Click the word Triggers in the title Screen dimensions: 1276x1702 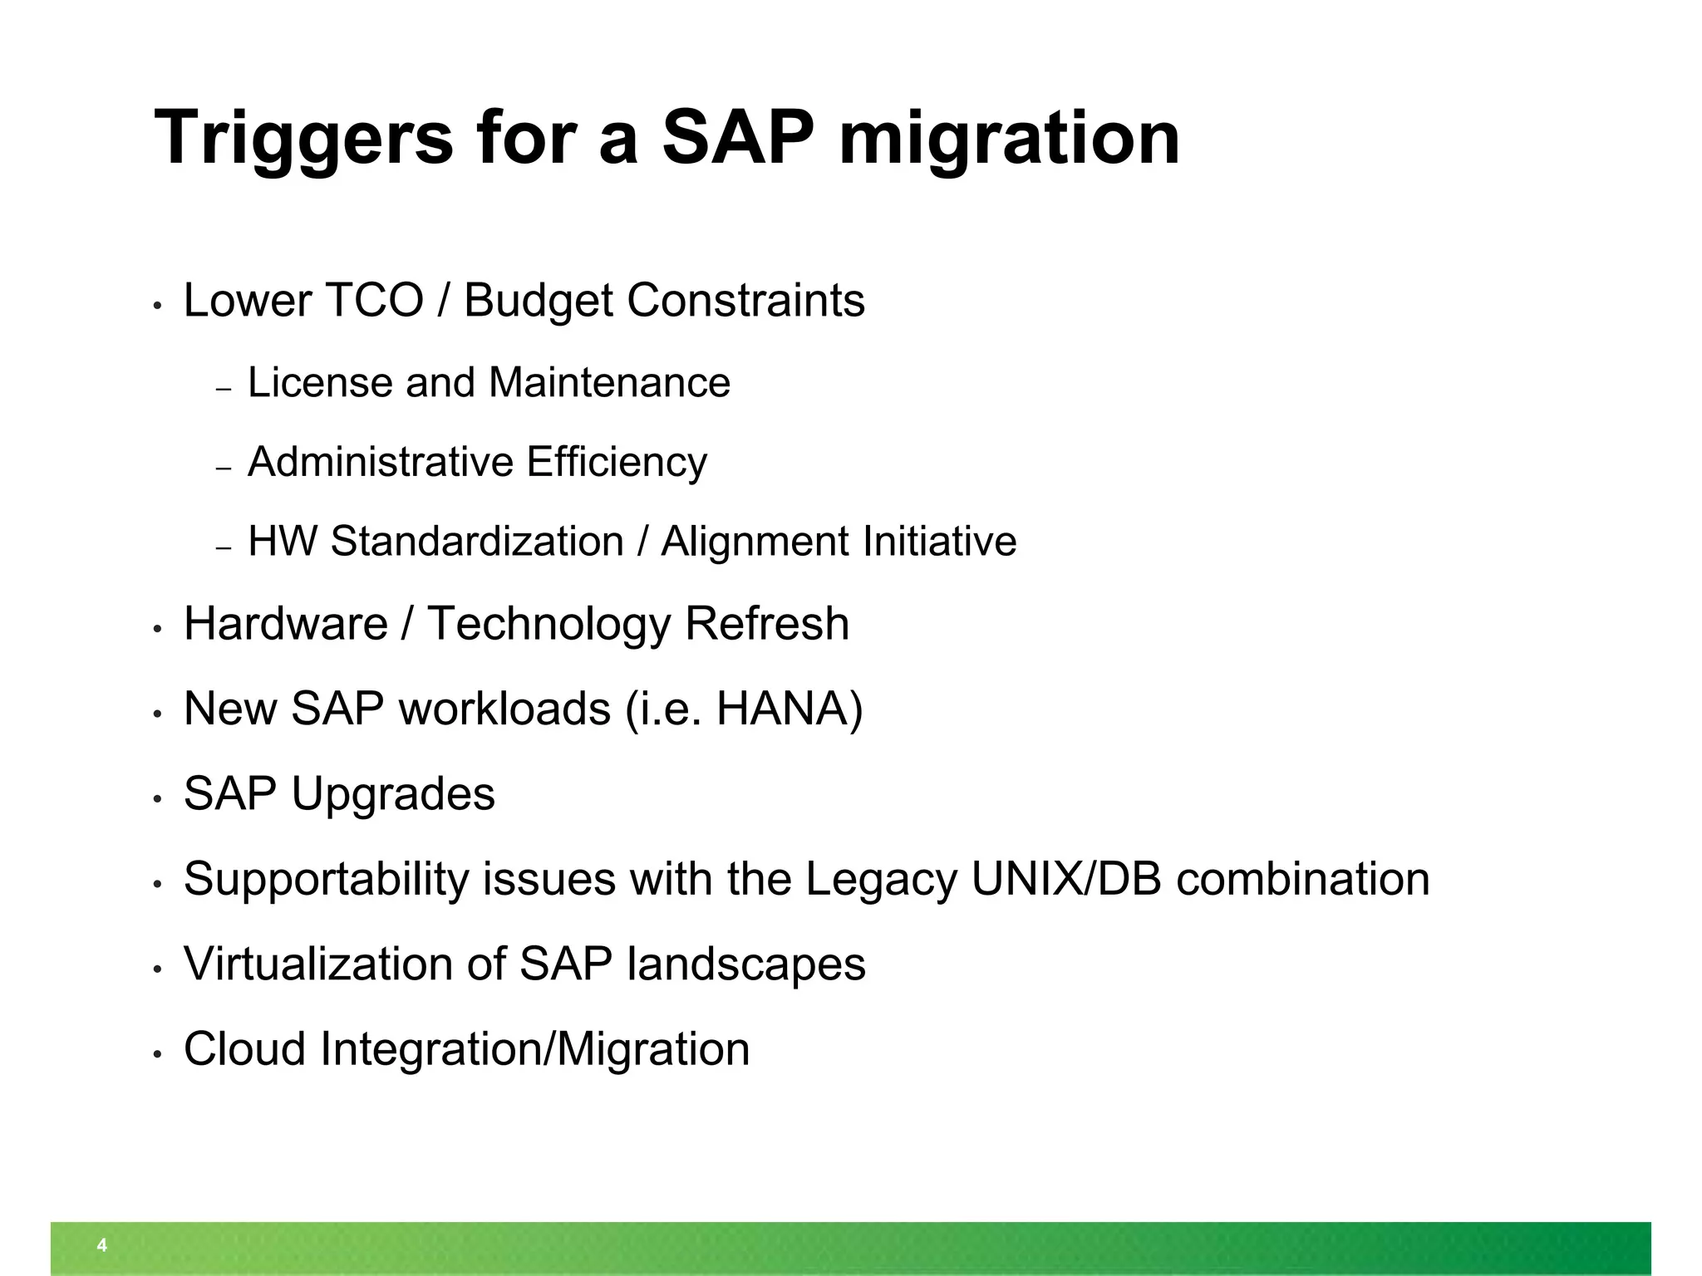303,140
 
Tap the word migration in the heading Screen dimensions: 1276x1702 1009,140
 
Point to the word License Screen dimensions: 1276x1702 320,383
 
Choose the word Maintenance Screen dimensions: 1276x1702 609,383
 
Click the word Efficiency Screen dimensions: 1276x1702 616,463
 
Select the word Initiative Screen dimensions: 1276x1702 939,542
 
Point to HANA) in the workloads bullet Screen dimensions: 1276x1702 790,709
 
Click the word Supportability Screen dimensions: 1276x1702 326,880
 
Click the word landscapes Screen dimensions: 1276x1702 745,964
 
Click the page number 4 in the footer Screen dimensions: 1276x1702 102,1245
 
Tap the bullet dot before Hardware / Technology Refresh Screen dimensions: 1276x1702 156,631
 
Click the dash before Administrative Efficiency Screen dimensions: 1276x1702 223,469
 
